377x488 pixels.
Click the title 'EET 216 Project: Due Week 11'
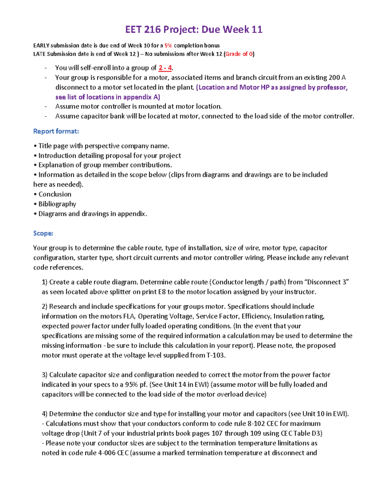tap(194, 30)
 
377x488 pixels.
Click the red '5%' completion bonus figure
tap(168, 46)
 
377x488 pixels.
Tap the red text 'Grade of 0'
tap(239, 54)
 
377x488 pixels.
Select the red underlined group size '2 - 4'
tap(165, 68)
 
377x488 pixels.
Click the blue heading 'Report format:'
tap(56, 131)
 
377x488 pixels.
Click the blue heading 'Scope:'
tap(43, 233)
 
